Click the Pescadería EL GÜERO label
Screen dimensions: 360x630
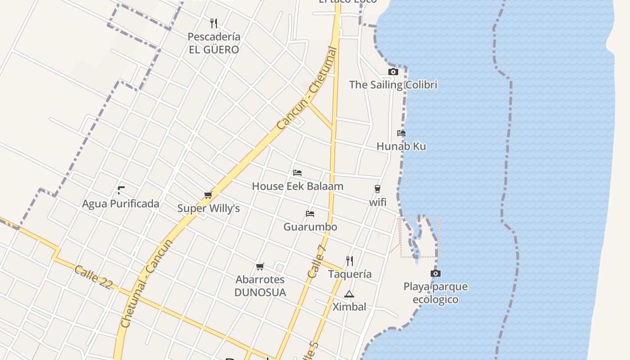tap(214, 43)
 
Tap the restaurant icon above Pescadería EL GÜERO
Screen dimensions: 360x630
tap(214, 23)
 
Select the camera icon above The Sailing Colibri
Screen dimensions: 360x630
tap(393, 72)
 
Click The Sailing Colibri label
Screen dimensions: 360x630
tap(393, 85)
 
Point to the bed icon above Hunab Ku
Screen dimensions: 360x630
tap(401, 133)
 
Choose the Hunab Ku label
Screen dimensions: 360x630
tap(401, 146)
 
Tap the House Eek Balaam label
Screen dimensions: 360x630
tap(297, 186)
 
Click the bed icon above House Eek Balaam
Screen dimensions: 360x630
tap(297, 173)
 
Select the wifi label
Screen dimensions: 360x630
tap(378, 202)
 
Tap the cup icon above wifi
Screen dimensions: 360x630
tap(377, 189)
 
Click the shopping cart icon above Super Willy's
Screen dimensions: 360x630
tap(208, 195)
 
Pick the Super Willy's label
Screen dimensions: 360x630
tap(208, 208)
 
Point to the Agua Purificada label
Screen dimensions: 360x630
tap(121, 203)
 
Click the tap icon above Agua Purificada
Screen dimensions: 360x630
tap(121, 190)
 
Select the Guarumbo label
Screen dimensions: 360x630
tap(310, 226)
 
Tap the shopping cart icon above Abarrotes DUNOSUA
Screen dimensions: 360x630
tap(260, 267)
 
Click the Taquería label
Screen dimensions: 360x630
tap(350, 274)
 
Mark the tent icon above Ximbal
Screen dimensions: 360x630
tap(349, 294)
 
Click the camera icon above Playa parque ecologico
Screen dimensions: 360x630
tap(435, 274)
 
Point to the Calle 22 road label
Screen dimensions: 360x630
tap(93, 277)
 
